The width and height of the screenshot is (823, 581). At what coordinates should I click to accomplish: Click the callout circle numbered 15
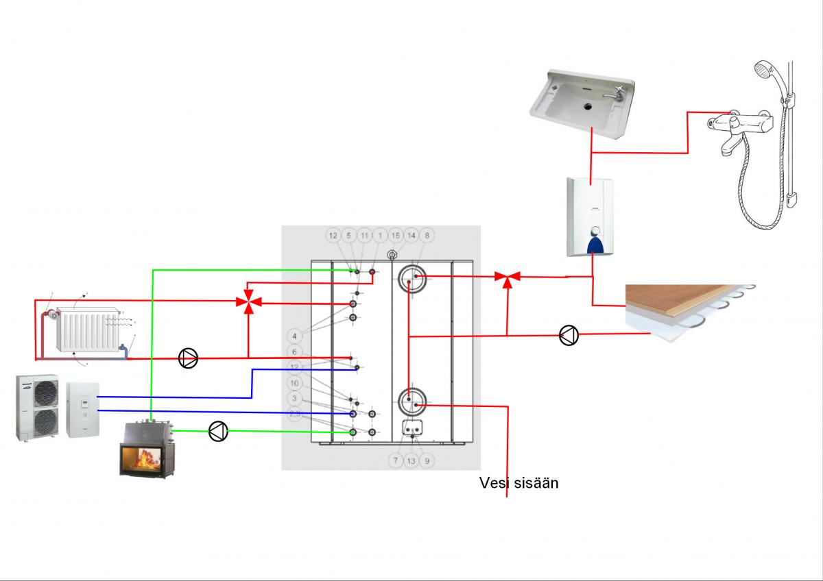395,235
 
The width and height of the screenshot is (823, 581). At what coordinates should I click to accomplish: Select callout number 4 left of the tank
294,336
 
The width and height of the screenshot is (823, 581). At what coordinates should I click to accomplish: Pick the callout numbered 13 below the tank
411,461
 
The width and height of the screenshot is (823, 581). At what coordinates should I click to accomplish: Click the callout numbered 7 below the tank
395,461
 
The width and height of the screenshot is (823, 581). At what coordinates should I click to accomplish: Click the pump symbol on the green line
218,431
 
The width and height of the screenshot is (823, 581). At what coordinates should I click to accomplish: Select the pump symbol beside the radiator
188,358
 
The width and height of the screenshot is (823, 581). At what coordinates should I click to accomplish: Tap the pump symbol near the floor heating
569,336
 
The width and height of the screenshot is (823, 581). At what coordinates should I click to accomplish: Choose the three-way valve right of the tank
508,277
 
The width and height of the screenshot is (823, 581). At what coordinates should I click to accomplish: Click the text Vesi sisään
518,483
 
